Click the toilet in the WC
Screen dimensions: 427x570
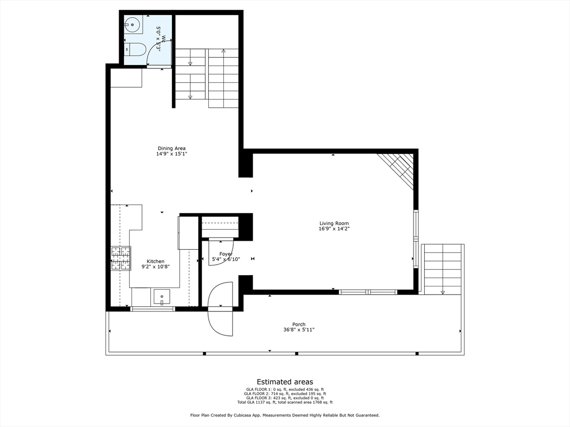[x=135, y=49]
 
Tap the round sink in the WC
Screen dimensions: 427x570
[x=132, y=24]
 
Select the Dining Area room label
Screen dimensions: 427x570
[x=171, y=148]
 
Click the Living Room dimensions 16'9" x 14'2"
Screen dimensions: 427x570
[x=334, y=229]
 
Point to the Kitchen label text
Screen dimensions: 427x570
[x=155, y=261]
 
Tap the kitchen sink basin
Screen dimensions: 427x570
[x=162, y=297]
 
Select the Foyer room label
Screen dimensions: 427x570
[x=226, y=254]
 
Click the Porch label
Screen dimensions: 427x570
[x=299, y=325]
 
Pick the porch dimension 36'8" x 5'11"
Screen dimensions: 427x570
[x=299, y=330]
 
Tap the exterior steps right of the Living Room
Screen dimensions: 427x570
[x=443, y=270]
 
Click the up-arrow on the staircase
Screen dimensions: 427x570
[x=224, y=52]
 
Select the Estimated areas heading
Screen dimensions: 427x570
[x=284, y=382]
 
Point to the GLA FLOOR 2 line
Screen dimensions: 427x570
[x=285, y=394]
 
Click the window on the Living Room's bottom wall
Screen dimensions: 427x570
[x=368, y=292]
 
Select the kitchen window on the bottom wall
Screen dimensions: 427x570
[x=153, y=309]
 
